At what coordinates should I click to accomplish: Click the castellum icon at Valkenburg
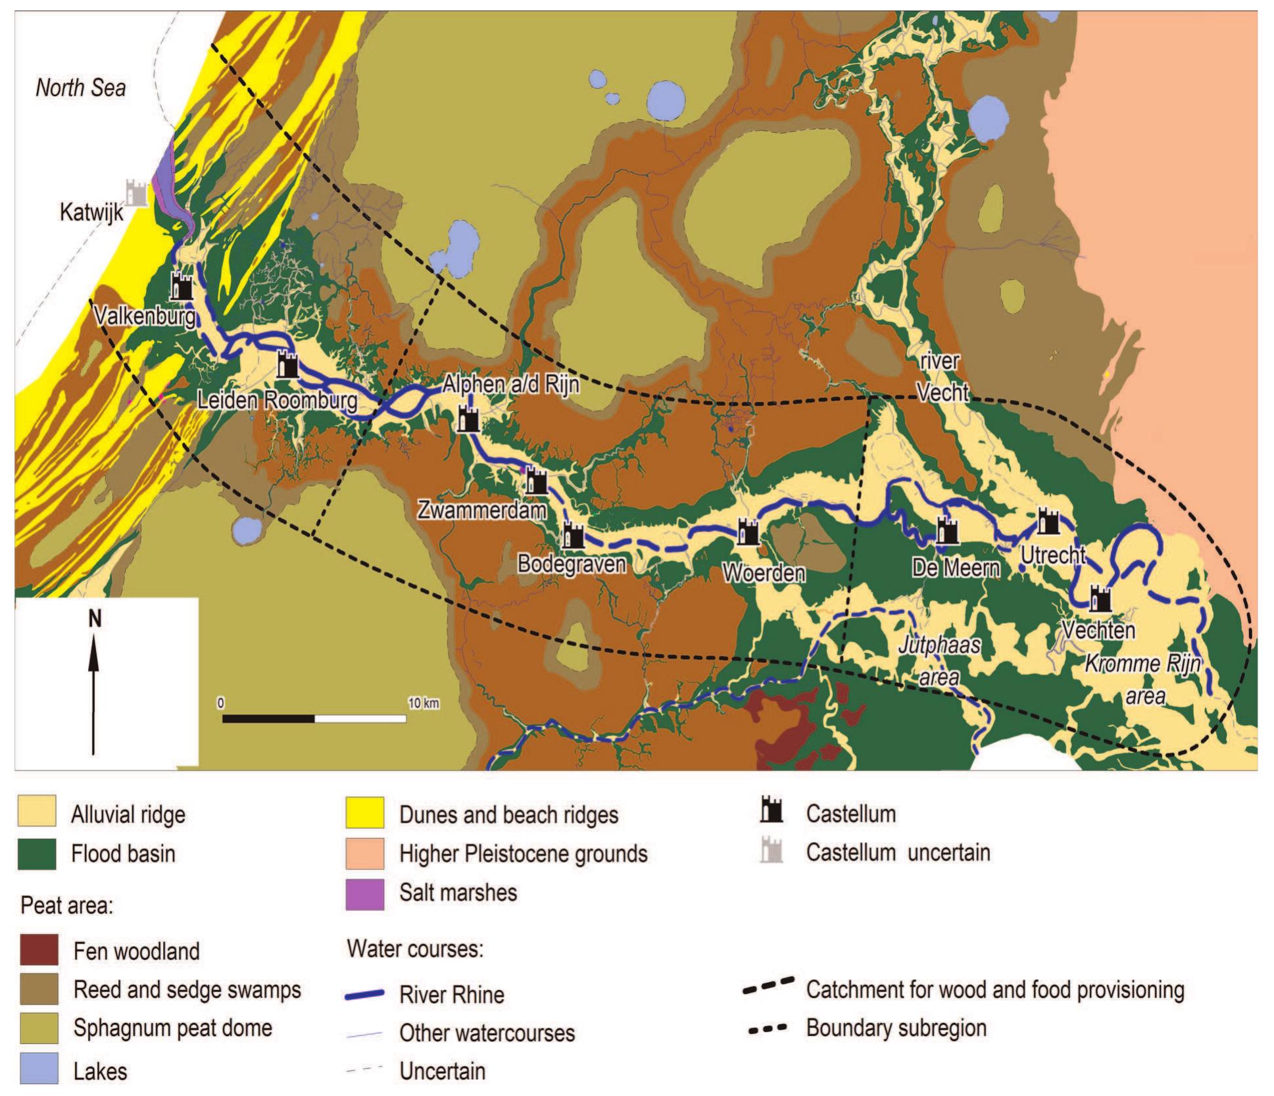182,286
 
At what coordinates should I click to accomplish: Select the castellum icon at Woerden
748,532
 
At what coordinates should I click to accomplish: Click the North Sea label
80,87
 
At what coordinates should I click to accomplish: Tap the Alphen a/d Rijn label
511,384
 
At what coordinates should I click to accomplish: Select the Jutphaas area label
939,661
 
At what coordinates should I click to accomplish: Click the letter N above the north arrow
95,618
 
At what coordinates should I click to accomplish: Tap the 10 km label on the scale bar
423,703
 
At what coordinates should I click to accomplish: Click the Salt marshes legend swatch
365,893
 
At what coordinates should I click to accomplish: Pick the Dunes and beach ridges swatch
365,814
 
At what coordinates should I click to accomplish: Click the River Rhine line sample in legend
364,995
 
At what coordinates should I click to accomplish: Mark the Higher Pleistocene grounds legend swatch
365,853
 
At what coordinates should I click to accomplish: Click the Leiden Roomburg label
278,401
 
